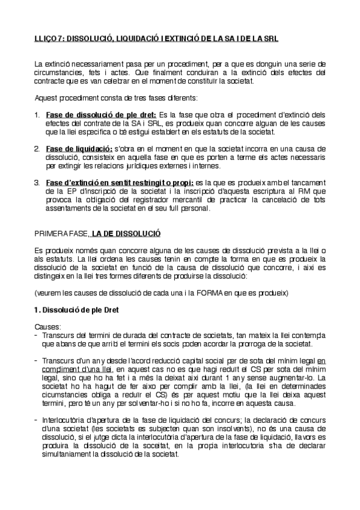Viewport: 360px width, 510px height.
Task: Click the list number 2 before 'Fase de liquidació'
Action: click(37, 148)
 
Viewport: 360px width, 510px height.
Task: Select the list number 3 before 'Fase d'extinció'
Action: click(37, 182)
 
